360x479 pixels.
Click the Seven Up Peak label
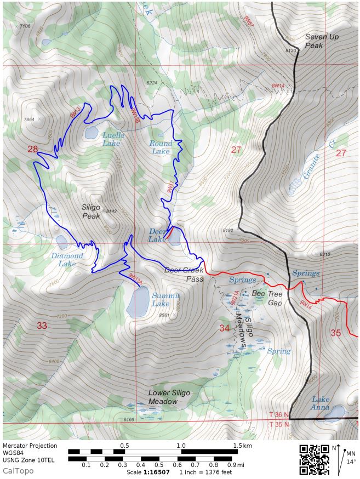(322, 41)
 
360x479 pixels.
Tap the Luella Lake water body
(91, 132)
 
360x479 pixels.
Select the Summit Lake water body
(138, 301)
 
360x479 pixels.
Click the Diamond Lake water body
(61, 241)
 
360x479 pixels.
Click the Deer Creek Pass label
(184, 274)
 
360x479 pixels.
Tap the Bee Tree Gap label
(266, 298)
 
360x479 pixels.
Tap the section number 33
(42, 326)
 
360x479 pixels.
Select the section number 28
(32, 149)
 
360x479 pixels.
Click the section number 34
(224, 328)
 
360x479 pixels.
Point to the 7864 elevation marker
(29, 119)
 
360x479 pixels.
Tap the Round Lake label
(161, 147)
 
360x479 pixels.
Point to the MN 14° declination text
(350, 458)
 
